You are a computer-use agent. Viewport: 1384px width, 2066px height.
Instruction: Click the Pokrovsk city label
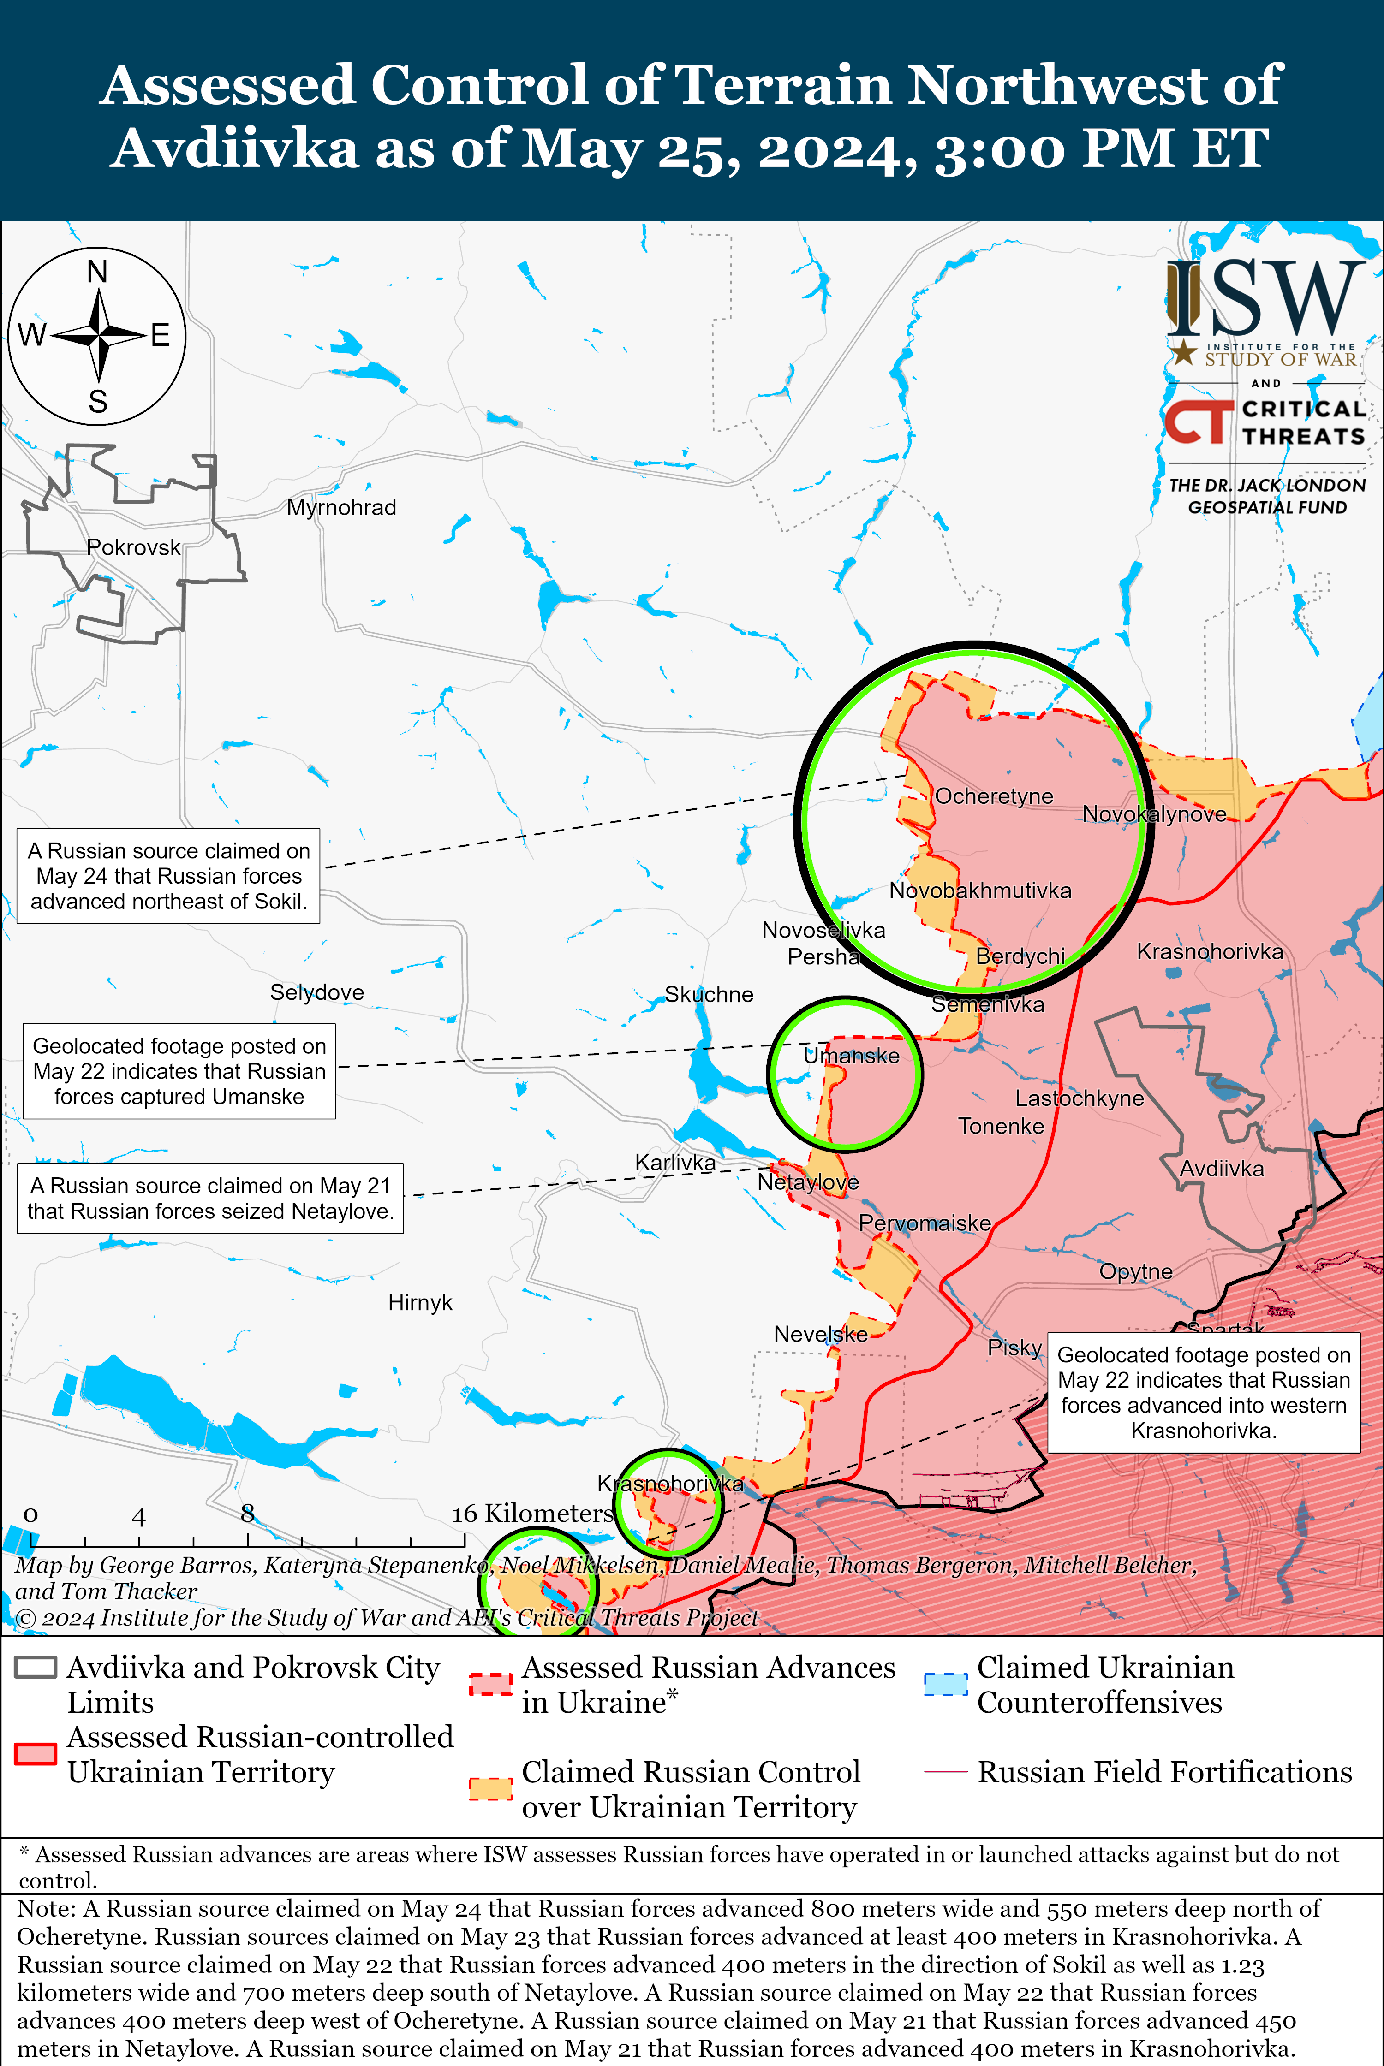[x=133, y=548]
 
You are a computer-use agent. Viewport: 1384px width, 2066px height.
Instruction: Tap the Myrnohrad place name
[x=341, y=507]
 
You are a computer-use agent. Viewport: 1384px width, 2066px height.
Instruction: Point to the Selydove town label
[x=317, y=992]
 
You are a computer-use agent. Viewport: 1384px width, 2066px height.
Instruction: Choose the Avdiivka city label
[x=1222, y=1169]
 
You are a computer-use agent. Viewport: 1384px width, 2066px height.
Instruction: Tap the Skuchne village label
[x=709, y=994]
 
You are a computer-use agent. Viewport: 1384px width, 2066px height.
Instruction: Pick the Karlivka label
[x=675, y=1163]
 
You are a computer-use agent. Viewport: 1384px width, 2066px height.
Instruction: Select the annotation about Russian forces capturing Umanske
[x=179, y=1071]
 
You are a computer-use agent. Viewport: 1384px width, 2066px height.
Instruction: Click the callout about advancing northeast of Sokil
[x=168, y=876]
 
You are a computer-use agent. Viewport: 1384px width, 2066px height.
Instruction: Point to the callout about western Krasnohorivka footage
[x=1203, y=1392]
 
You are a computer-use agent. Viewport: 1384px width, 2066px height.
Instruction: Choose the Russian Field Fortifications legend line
[x=945, y=1772]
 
